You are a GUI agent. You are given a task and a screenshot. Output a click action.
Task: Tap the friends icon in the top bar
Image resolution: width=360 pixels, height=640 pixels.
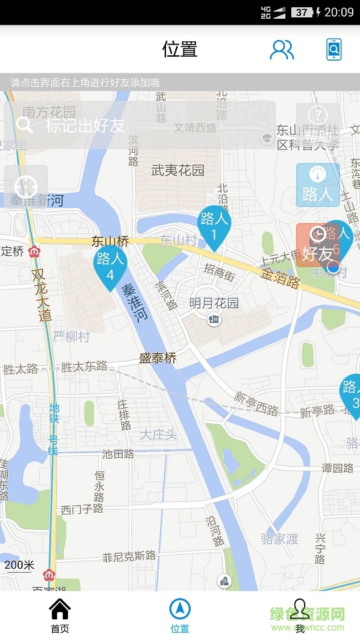281,49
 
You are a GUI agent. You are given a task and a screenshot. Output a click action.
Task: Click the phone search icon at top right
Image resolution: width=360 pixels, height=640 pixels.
334,49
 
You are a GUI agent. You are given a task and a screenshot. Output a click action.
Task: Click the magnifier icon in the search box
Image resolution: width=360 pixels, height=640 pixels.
25,125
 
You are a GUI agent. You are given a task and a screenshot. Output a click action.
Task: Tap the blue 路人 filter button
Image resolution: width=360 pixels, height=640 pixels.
317,185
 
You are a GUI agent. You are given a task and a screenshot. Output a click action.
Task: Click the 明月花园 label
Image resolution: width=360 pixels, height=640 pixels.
213,303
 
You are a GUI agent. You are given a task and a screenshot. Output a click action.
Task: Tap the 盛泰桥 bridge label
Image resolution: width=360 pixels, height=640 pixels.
157,359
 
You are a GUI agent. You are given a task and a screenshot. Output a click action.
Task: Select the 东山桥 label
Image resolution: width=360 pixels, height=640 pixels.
110,241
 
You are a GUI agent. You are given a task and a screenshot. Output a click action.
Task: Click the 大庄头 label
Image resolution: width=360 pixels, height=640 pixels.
158,435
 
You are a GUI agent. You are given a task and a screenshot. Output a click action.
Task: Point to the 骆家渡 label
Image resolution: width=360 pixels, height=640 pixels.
279,539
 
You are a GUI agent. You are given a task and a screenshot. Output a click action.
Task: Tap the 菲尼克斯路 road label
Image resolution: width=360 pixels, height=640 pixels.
129,556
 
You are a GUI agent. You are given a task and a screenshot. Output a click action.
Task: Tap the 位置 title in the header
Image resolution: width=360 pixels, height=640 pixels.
180,49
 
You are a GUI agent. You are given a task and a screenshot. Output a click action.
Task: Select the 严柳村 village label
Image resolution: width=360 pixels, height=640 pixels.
71,337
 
